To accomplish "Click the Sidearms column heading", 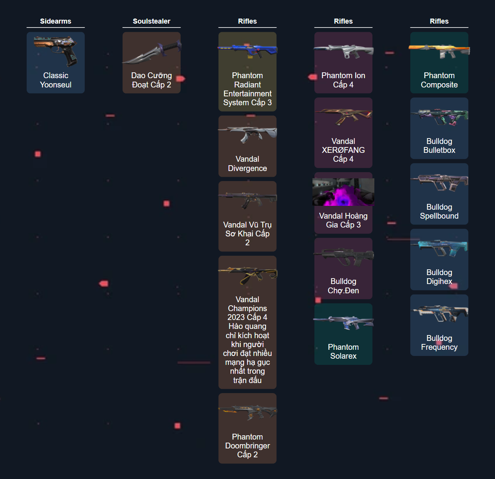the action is pos(55,21).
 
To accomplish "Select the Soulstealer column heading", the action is pos(152,21).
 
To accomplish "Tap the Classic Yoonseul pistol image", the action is pos(56,51).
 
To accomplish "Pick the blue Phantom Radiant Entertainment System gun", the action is pos(247,51).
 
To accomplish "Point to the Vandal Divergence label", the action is pos(247,164).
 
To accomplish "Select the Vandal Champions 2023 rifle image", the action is pos(247,275).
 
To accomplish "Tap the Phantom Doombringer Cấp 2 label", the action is pos(247,446).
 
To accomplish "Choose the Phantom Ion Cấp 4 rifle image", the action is pos(343,51).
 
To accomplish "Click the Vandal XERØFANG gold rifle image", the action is pos(343,116).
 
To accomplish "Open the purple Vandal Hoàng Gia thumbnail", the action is pos(343,192).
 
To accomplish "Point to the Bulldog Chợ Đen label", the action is pos(343,286).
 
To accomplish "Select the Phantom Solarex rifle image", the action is pos(343,322).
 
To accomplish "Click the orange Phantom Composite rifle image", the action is pos(439,51).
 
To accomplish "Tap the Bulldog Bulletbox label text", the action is pos(439,145).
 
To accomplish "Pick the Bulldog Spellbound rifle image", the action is pos(439,183).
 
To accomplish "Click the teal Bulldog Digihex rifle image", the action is pos(439,248).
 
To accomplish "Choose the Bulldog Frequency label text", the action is pos(439,342).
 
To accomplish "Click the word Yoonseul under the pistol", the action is pos(56,84).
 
